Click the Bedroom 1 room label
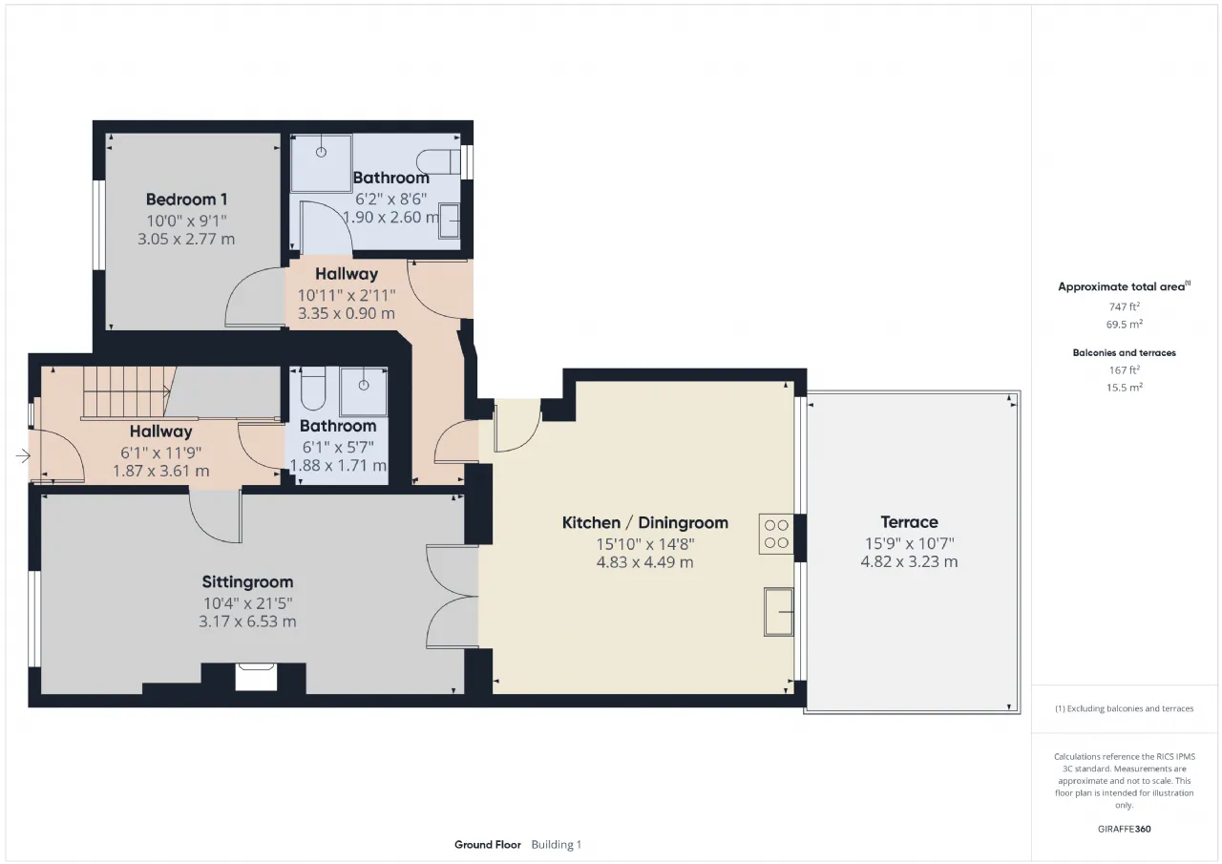click(x=186, y=200)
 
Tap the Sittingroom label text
click(x=247, y=582)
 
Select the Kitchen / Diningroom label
click(x=644, y=522)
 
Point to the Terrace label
click(x=910, y=522)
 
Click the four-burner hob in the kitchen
click(x=776, y=534)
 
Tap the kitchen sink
click(x=778, y=612)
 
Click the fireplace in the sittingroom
click(x=256, y=676)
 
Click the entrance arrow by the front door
click(x=23, y=455)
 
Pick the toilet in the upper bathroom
click(x=438, y=162)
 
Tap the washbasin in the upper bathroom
click(x=450, y=221)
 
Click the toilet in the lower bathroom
click(x=313, y=388)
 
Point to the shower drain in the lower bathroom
click(x=364, y=385)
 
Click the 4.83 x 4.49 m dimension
click(x=644, y=562)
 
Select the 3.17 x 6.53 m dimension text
click(x=247, y=622)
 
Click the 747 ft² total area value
click(x=1125, y=306)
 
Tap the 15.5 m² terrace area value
click(x=1125, y=388)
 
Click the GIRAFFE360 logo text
click(x=1125, y=829)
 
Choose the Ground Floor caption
click(x=488, y=845)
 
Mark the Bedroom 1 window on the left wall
click(x=98, y=224)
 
